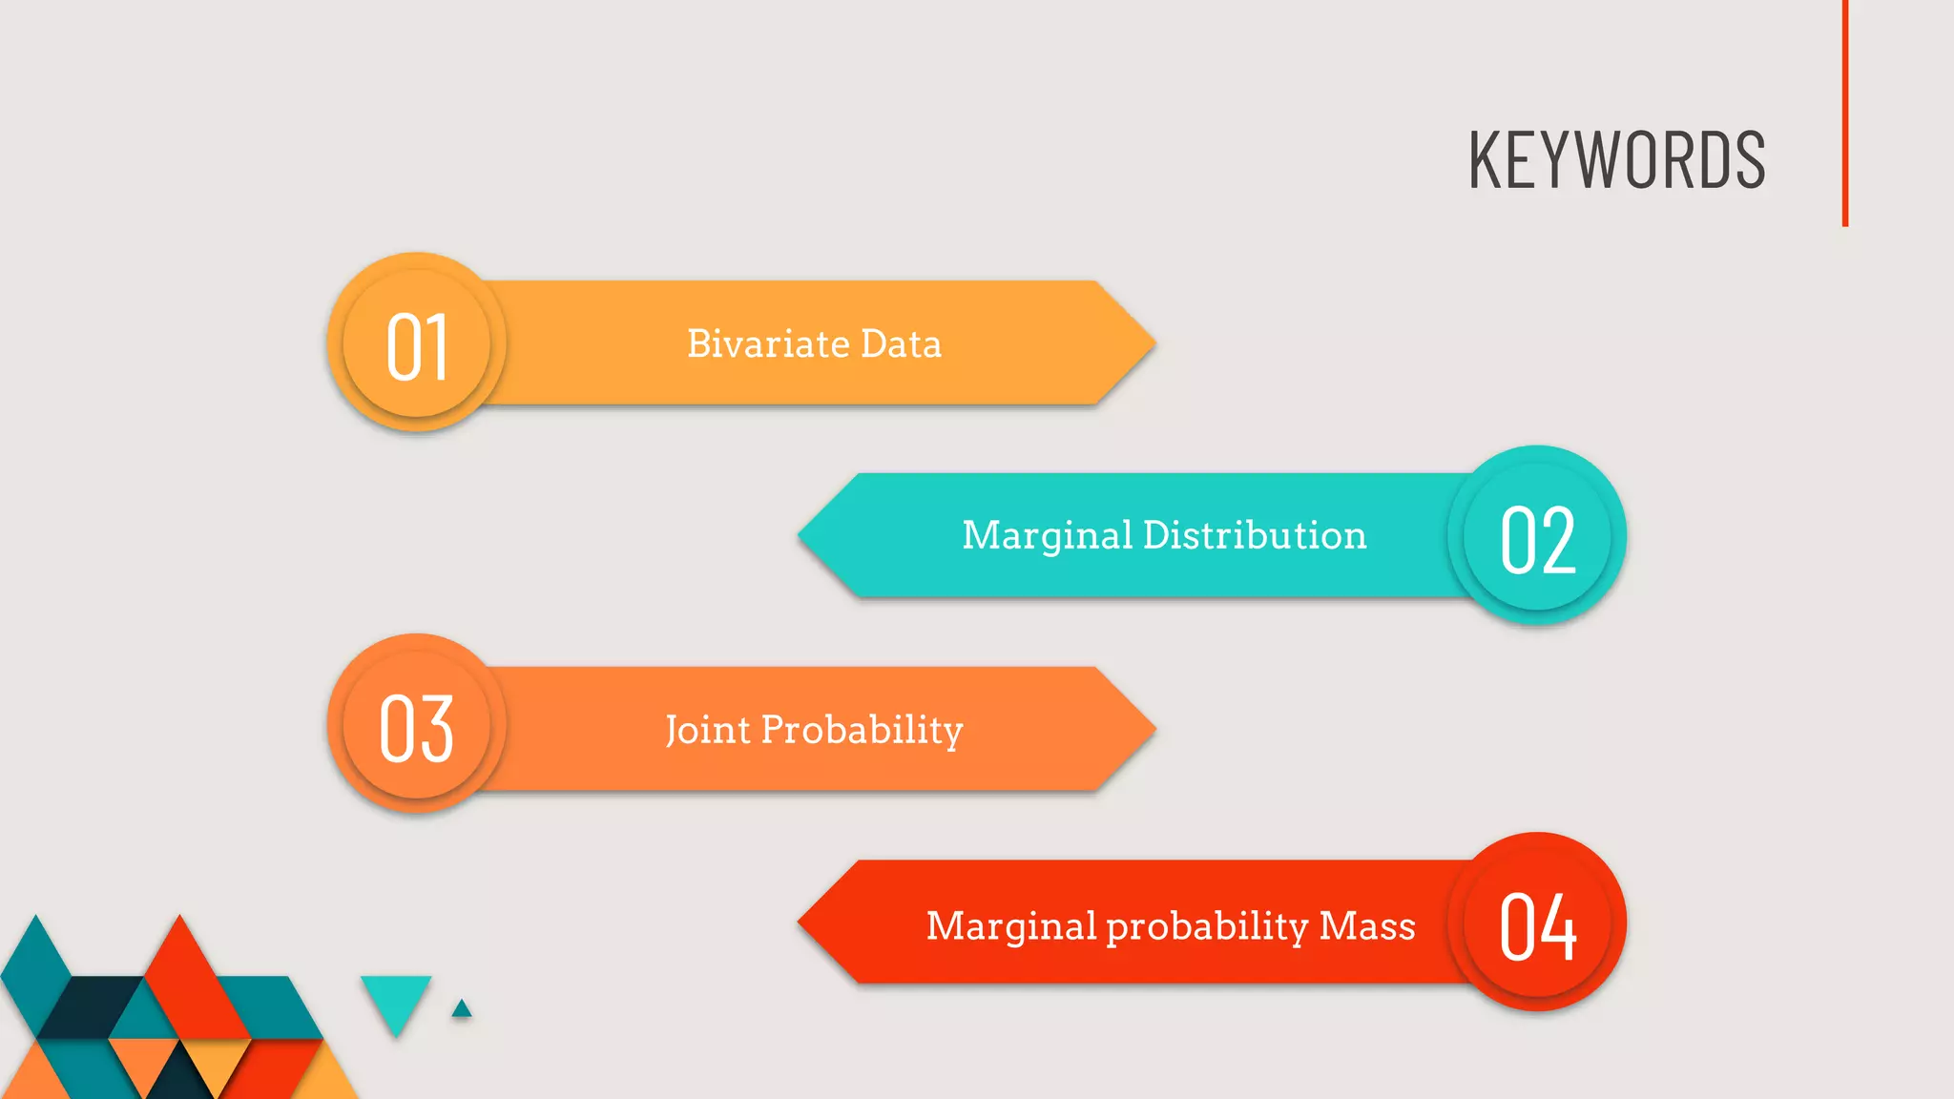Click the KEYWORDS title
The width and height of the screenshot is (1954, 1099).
(x=1616, y=160)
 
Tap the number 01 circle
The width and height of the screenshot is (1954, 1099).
(x=417, y=343)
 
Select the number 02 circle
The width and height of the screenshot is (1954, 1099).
(x=1537, y=537)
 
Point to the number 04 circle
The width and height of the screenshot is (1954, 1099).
(x=1537, y=923)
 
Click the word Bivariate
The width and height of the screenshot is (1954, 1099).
(x=768, y=343)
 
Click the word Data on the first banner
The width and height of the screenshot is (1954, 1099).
(x=901, y=343)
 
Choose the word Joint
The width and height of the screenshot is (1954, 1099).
(x=707, y=731)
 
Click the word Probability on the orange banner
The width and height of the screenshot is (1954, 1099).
(x=862, y=731)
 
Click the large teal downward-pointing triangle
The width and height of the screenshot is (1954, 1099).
(x=396, y=1000)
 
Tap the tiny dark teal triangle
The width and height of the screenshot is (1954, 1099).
(x=462, y=1009)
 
